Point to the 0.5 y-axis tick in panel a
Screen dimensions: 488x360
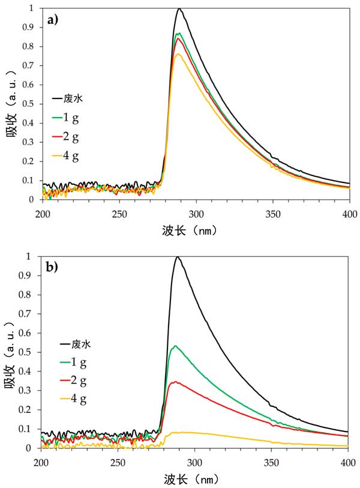tap(30, 104)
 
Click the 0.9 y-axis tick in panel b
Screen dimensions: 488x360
tap(30, 276)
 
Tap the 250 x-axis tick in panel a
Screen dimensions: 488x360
tap(119, 213)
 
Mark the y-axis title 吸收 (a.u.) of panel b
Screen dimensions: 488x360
tap(11, 352)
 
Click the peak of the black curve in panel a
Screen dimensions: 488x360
tap(179, 9)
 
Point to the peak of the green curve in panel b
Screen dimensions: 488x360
tap(175, 346)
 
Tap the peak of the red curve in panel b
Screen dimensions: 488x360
tap(175, 382)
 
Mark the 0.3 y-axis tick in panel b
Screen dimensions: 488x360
tap(30, 391)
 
